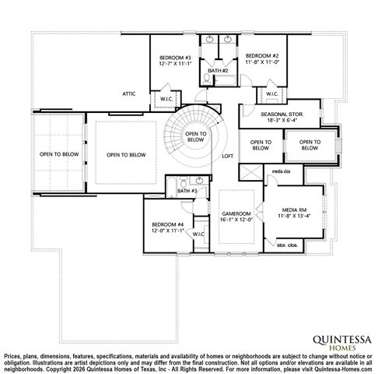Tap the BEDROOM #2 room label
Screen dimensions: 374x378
pos(261,56)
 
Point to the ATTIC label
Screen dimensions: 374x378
pos(129,93)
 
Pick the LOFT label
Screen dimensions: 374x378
pos(227,156)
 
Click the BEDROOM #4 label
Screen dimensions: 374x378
pos(167,226)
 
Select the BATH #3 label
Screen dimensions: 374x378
pos(187,191)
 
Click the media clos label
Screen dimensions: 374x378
pos(280,171)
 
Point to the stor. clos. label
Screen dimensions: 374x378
pos(287,245)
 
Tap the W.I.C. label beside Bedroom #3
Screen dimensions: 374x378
pos(167,99)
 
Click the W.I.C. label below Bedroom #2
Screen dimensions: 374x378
pos(272,94)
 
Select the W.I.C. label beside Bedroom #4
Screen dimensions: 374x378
pos(198,234)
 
